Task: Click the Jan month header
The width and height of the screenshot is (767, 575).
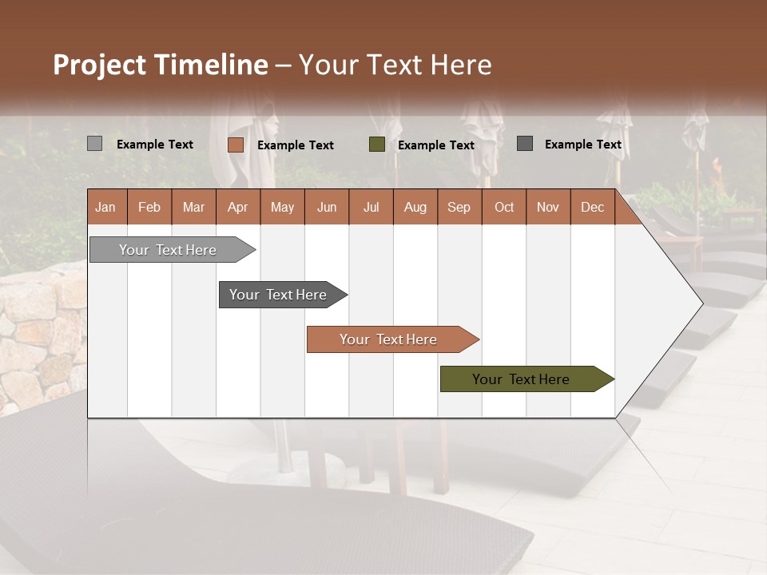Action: pyautogui.click(x=105, y=207)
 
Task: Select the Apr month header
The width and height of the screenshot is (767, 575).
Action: pyautogui.click(x=237, y=207)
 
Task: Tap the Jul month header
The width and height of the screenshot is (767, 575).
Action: pyautogui.click(x=371, y=207)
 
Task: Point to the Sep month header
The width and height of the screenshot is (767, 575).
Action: pyautogui.click(x=459, y=207)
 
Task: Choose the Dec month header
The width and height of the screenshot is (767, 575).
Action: pyautogui.click(x=592, y=207)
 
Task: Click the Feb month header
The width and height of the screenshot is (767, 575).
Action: pyautogui.click(x=149, y=207)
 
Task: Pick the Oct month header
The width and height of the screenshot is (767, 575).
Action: pyautogui.click(x=504, y=207)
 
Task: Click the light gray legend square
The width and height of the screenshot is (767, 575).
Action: pyautogui.click(x=94, y=144)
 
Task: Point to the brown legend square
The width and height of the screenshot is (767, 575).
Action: pyautogui.click(x=235, y=145)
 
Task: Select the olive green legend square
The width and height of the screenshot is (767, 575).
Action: pyautogui.click(x=377, y=145)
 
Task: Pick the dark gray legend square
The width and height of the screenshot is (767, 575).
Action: pyautogui.click(x=525, y=144)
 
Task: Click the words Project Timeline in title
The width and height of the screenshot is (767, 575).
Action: pyautogui.click(x=160, y=65)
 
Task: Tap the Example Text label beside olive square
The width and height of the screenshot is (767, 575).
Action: pyautogui.click(x=435, y=145)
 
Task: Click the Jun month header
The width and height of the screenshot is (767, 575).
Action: pyautogui.click(x=327, y=207)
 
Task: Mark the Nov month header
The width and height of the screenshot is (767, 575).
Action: pyautogui.click(x=548, y=207)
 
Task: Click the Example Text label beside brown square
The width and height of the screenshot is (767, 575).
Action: pyautogui.click(x=295, y=145)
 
